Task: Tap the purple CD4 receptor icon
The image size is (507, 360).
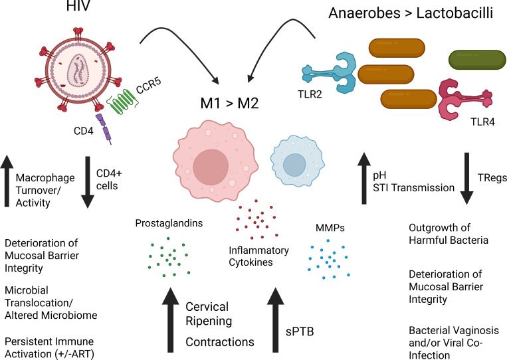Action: click(x=104, y=128)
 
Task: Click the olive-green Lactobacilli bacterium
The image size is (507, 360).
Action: click(x=477, y=60)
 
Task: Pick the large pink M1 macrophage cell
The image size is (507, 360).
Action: click(x=215, y=161)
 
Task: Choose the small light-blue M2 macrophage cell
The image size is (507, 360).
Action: click(x=297, y=161)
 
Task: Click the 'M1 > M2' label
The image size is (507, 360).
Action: click(x=229, y=104)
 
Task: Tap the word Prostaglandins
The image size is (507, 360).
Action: click(x=169, y=223)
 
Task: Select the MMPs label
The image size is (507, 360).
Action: click(x=330, y=228)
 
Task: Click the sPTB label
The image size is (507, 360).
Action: click(x=300, y=332)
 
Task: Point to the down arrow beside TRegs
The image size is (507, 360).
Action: click(x=466, y=179)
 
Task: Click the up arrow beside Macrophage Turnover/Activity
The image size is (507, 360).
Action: click(x=7, y=181)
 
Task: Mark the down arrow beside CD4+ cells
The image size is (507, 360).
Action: click(x=87, y=182)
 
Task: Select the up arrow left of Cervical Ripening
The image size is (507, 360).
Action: click(x=170, y=319)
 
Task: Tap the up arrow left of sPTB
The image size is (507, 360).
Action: click(x=276, y=319)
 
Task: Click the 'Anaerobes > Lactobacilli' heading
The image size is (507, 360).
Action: click(x=411, y=13)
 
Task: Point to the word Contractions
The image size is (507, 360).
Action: click(x=220, y=342)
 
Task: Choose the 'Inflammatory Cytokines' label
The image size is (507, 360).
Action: click(x=258, y=256)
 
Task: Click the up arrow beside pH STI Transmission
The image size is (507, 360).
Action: click(x=364, y=179)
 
